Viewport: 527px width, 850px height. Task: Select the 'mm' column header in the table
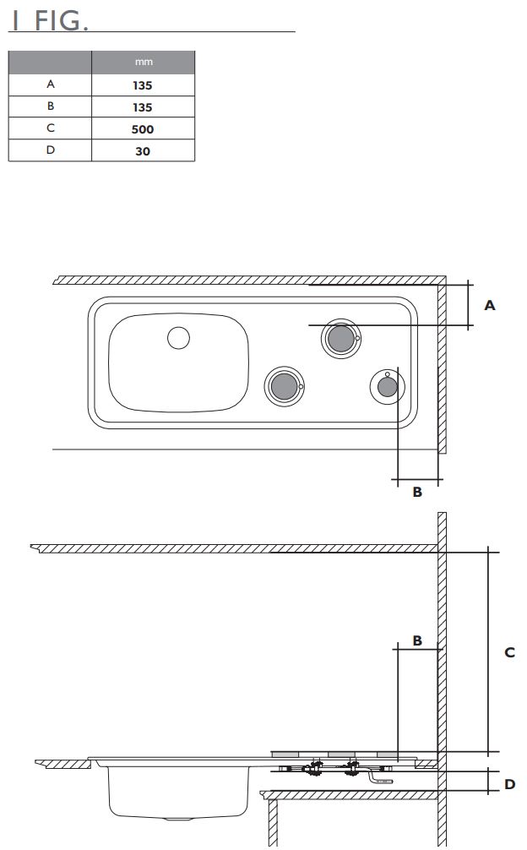(x=143, y=63)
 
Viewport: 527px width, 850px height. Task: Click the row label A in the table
(x=50, y=85)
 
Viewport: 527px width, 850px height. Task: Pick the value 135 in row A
(x=143, y=85)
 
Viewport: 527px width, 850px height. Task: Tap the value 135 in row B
(x=143, y=107)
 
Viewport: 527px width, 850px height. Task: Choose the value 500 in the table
(x=143, y=129)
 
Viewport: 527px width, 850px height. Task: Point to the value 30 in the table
(x=143, y=151)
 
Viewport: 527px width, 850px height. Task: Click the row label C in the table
(x=50, y=129)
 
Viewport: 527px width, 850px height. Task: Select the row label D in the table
(x=50, y=151)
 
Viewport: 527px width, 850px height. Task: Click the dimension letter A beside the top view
(x=490, y=306)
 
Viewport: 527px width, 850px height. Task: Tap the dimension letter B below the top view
(x=417, y=492)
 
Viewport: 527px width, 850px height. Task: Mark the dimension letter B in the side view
(x=417, y=640)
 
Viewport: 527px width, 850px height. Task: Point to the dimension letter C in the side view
(x=509, y=652)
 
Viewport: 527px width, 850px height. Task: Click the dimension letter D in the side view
(x=509, y=784)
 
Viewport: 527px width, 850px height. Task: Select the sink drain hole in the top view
(x=178, y=338)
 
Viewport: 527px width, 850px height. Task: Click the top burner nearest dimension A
(x=340, y=339)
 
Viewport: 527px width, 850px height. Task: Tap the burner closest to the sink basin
(x=283, y=386)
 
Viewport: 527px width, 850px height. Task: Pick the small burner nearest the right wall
(x=387, y=386)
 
